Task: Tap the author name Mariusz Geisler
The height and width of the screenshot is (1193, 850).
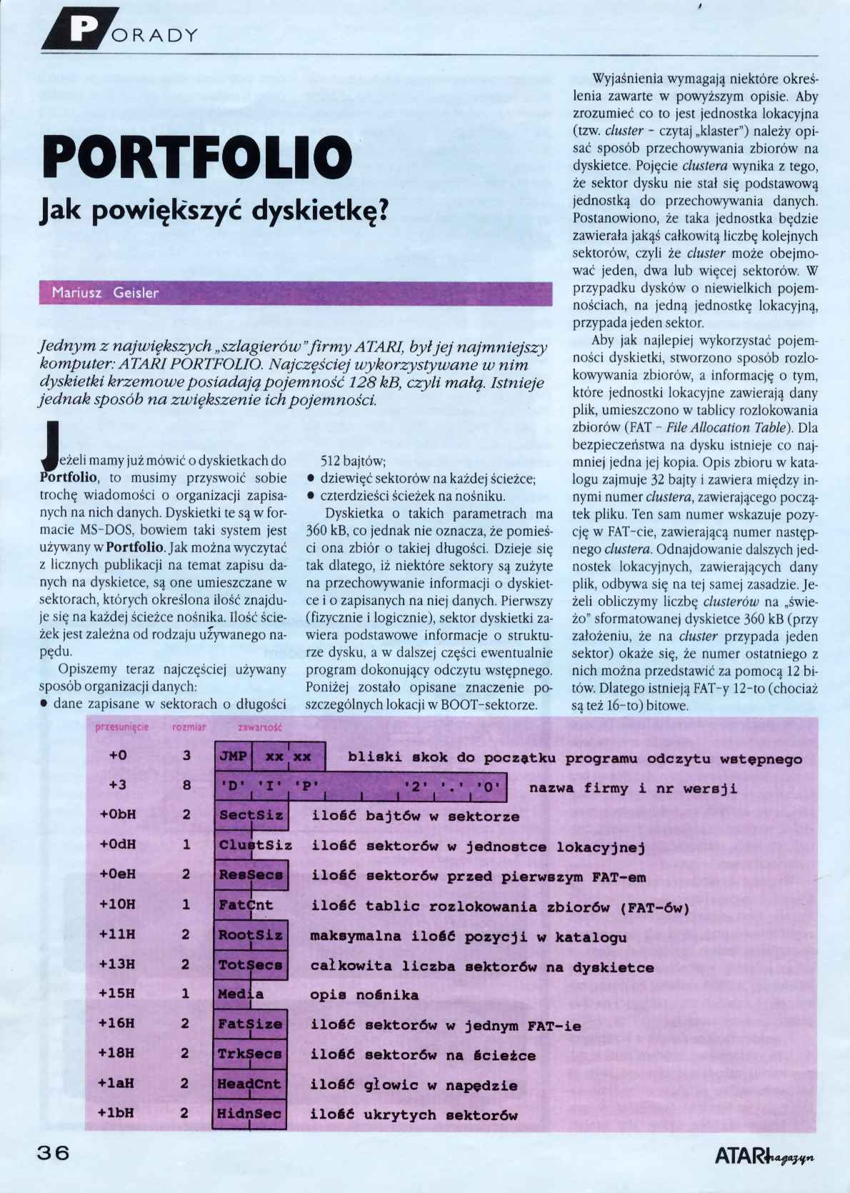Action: [105, 293]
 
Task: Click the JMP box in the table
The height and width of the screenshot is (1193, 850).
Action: [233, 757]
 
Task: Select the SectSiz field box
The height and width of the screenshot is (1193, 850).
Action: [251, 816]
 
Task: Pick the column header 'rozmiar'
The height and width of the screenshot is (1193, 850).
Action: [189, 727]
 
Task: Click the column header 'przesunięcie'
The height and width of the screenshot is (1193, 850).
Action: [121, 727]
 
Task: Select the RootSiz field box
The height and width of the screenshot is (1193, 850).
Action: [251, 935]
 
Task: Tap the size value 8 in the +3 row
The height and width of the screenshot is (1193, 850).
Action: [186, 785]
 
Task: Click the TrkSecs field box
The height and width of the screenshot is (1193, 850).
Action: [250, 1054]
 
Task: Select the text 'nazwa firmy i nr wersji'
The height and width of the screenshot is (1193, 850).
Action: [633, 789]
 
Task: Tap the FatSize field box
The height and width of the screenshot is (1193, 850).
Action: [250, 1024]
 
